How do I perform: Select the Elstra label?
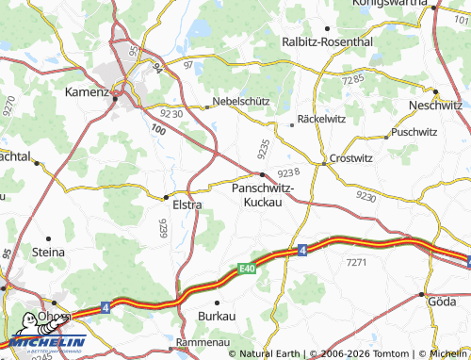click(x=187, y=204)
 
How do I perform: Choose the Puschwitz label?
click(x=414, y=133)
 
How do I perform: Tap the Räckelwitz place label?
click(x=323, y=121)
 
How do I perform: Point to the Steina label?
click(x=48, y=253)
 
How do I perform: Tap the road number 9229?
click(x=162, y=229)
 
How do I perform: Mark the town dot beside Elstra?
click(x=166, y=197)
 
